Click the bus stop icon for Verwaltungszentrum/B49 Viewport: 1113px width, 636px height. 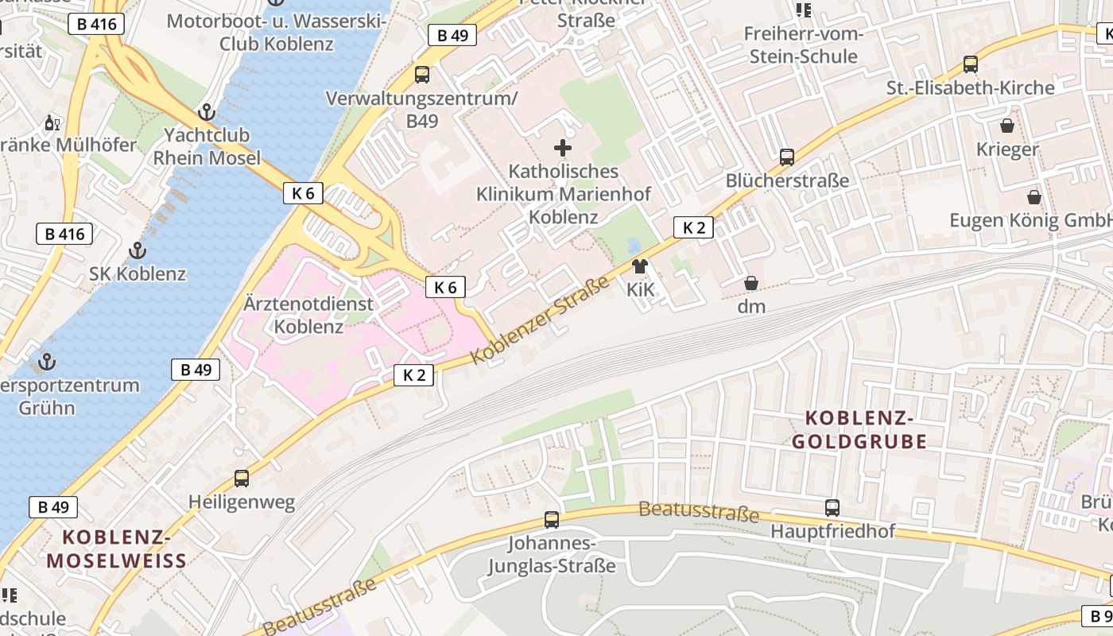(x=422, y=75)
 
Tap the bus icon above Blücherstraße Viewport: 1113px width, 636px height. (x=787, y=157)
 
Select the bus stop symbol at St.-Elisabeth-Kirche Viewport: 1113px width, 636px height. (x=970, y=64)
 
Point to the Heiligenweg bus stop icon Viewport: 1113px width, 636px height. (x=242, y=479)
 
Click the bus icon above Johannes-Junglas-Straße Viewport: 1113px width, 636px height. (x=552, y=520)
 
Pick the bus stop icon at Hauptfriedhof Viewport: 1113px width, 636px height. (x=832, y=507)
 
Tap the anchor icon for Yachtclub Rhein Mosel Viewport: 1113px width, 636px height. (x=207, y=112)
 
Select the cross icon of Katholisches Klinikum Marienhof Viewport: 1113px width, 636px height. (x=563, y=148)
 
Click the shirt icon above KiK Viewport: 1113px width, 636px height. (x=640, y=266)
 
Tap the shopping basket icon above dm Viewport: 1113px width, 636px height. (x=750, y=283)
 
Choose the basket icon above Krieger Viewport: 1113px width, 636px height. (x=1007, y=126)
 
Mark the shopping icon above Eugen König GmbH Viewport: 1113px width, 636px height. (x=1034, y=196)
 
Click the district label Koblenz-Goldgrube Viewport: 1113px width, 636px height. (x=866, y=429)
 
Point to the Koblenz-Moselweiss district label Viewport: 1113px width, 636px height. (x=117, y=549)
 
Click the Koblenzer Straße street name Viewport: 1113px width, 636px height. (x=541, y=320)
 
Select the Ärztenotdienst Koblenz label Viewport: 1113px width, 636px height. (x=308, y=315)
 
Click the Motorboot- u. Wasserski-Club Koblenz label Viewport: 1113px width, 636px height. (x=277, y=32)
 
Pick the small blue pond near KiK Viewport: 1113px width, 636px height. (x=634, y=246)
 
